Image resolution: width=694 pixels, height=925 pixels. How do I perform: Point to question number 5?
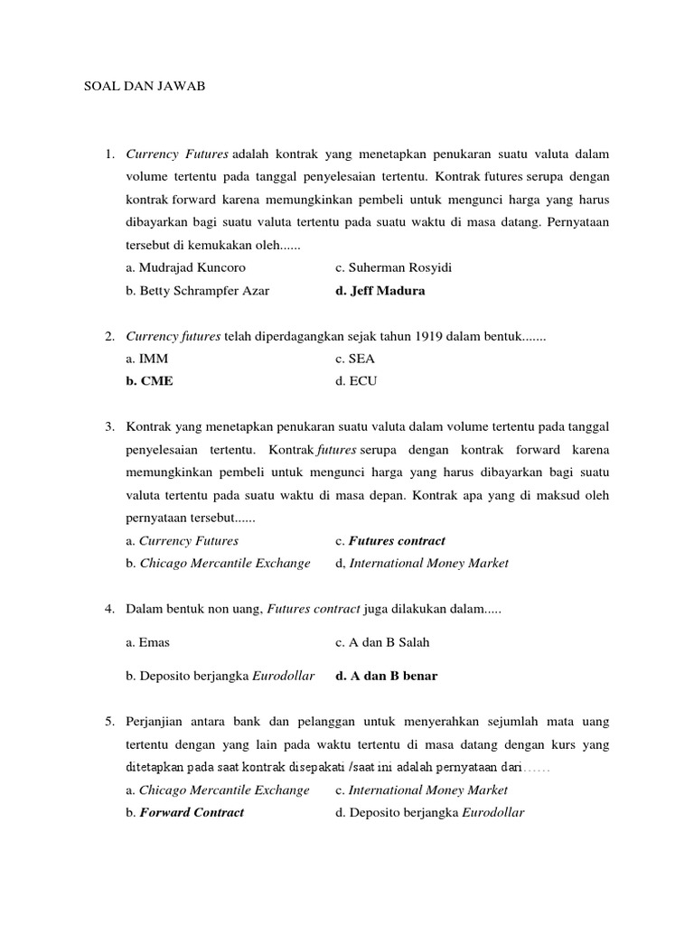108,721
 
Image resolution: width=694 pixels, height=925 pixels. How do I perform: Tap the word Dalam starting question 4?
143,609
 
